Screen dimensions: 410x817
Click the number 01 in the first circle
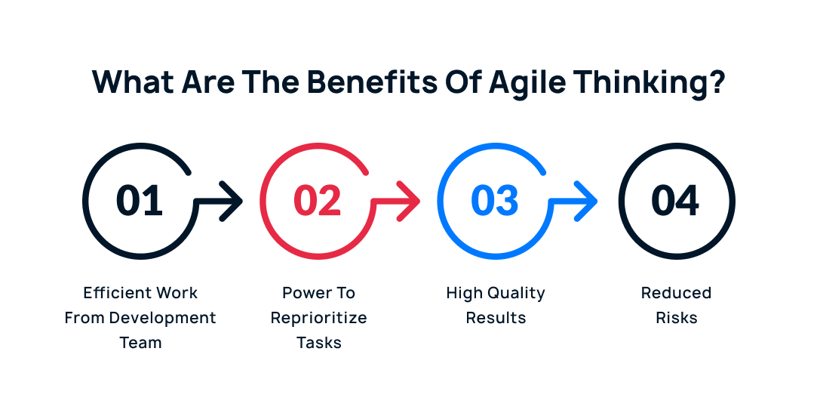140,201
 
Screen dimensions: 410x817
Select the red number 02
318,201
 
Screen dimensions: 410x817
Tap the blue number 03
495,201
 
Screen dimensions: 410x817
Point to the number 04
676,201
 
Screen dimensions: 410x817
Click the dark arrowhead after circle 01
232,201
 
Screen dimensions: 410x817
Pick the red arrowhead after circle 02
409,201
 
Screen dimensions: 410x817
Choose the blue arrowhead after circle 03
586,201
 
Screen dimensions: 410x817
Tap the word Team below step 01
140,342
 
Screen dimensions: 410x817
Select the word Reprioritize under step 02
319,317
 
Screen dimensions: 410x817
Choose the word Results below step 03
496,317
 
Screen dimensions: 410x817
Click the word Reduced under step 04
676,292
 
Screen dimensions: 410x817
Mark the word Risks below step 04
676,317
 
